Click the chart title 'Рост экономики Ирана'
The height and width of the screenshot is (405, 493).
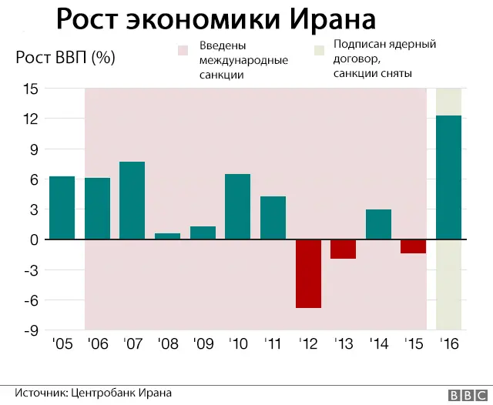click(217, 19)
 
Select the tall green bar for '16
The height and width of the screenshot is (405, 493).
click(448, 177)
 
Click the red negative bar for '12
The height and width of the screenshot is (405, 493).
click(308, 273)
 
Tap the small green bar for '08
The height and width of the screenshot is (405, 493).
click(168, 236)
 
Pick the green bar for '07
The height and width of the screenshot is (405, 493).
click(132, 200)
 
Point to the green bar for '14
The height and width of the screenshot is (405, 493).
click(378, 224)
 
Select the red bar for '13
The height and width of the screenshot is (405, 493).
click(344, 249)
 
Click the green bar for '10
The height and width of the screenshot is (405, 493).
click(238, 206)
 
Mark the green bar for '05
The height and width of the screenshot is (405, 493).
click(62, 208)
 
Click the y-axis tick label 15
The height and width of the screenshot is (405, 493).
click(29, 89)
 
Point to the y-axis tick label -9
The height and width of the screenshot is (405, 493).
click(29, 330)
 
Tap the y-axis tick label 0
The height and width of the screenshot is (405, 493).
click(32, 239)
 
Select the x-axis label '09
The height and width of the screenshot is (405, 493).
click(203, 343)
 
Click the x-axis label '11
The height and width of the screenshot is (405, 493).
click(273, 343)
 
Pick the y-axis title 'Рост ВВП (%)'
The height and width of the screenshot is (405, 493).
click(67, 58)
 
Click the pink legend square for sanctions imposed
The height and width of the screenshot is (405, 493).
click(183, 49)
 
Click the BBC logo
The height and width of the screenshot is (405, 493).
click(465, 394)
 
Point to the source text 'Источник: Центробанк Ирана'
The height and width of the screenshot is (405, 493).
click(92, 393)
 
